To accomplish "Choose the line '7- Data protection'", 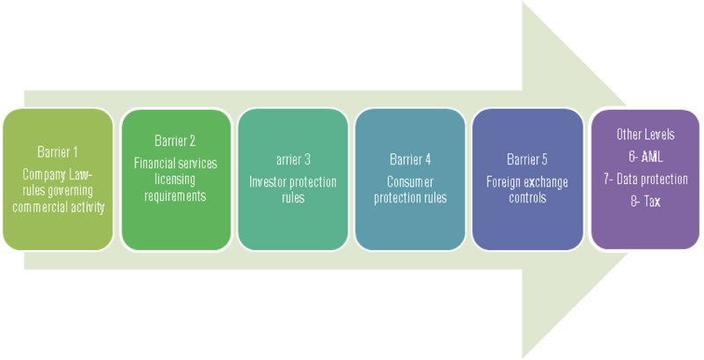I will click(646, 180).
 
